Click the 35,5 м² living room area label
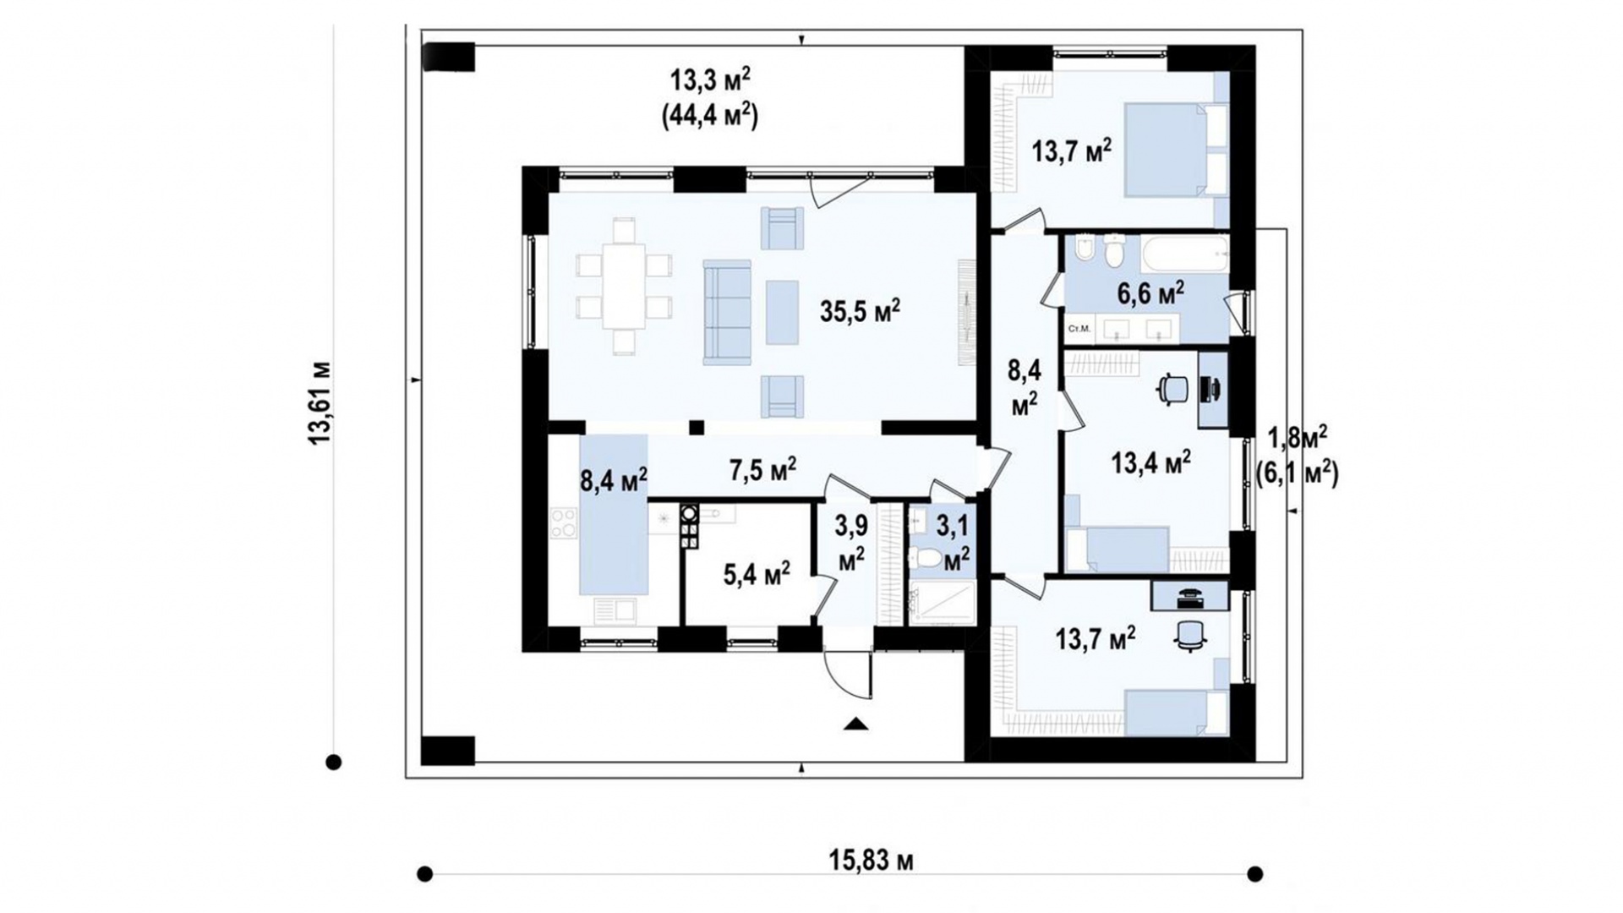click(860, 311)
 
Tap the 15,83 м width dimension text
click(871, 861)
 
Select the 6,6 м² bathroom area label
click(1150, 294)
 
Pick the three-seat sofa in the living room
click(728, 312)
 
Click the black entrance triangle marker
click(856, 722)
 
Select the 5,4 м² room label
click(757, 575)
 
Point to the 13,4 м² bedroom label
click(1150, 462)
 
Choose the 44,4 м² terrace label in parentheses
click(709, 115)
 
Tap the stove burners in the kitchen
click(563, 522)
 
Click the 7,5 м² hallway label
click(762, 469)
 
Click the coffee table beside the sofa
click(782, 312)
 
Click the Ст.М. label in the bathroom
click(1078, 328)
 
